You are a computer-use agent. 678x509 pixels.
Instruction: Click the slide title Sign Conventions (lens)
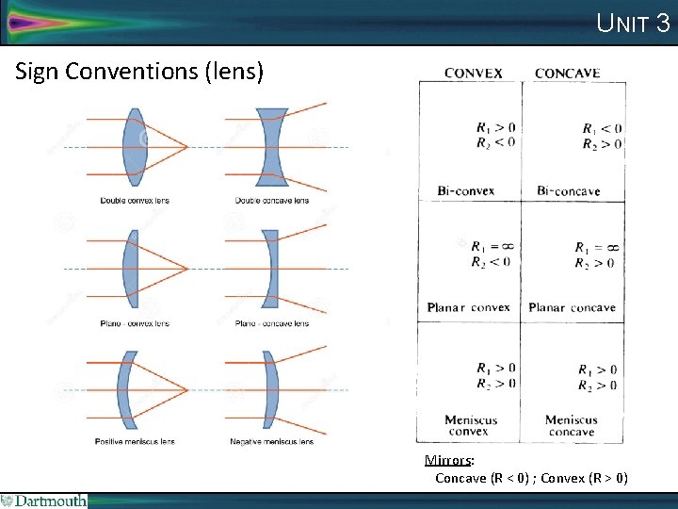click(140, 72)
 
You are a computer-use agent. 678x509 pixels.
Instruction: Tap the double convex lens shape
click(135, 147)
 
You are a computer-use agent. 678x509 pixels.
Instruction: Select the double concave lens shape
click(271, 147)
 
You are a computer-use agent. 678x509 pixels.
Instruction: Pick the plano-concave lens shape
click(271, 270)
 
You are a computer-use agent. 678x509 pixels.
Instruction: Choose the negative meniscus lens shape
click(270, 390)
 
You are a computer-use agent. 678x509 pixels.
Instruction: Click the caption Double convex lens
click(135, 200)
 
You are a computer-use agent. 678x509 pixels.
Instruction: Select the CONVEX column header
click(473, 74)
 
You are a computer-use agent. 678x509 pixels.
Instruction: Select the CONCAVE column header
click(567, 74)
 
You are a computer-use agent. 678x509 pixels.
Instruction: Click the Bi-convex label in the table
click(465, 190)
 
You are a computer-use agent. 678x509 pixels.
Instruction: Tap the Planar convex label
click(468, 307)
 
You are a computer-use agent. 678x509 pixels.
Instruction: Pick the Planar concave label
click(572, 307)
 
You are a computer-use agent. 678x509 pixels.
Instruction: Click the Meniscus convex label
click(472, 426)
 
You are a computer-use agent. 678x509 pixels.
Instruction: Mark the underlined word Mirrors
click(448, 461)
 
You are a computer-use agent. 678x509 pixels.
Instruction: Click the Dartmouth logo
click(43, 501)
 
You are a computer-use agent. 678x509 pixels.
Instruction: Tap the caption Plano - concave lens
click(271, 323)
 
